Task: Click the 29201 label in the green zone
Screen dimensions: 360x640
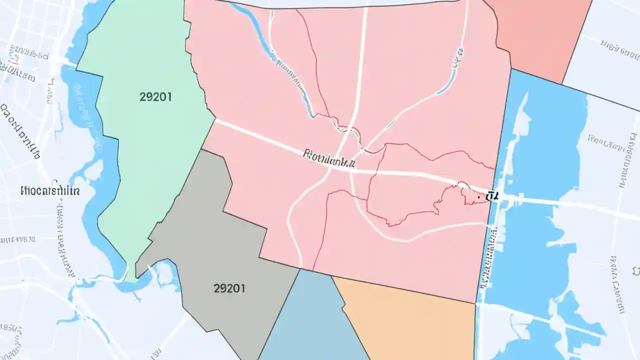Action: (155, 97)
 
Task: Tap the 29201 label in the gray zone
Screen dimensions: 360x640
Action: (229, 288)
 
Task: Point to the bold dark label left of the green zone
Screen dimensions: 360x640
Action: (50, 190)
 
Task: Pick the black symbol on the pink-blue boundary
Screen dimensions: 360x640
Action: (494, 196)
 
